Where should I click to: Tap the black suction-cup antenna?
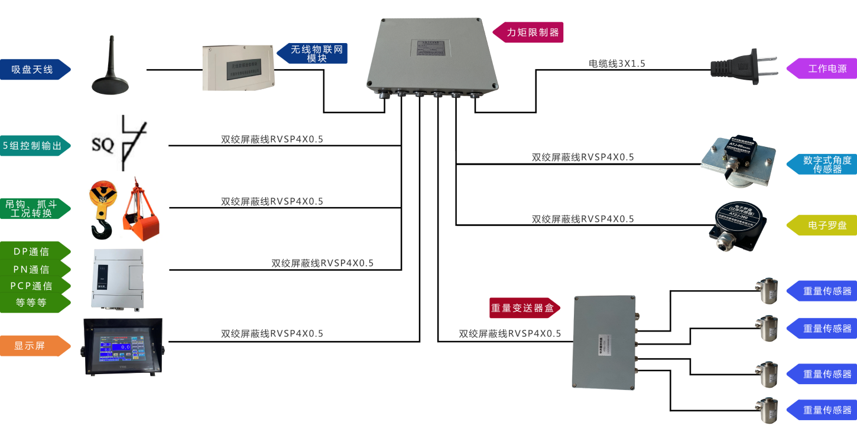pyautogui.click(x=110, y=74)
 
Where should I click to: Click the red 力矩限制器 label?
pyautogui.click(x=530, y=32)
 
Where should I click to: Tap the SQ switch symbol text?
pyautogui.click(x=103, y=145)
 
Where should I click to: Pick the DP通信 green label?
pyautogui.click(x=33, y=252)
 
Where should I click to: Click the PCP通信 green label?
pyautogui.click(x=33, y=286)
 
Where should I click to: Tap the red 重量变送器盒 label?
pyautogui.click(x=520, y=307)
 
